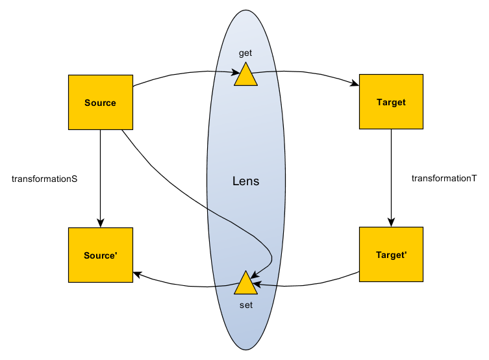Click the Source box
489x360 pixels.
tap(100, 103)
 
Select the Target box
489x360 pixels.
tap(391, 103)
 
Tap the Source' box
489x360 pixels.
tap(100, 255)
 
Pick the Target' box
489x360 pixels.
tap(391, 255)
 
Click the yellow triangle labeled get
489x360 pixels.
tap(246, 75)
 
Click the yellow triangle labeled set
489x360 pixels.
tap(246, 284)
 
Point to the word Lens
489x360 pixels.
tap(245, 181)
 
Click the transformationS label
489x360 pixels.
tap(45, 178)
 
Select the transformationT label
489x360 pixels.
tap(444, 178)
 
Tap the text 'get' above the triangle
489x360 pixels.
tap(245, 53)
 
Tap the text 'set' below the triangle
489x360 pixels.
tap(245, 304)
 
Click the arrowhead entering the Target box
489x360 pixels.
tap(355, 84)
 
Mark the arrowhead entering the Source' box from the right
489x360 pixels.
tap(138, 274)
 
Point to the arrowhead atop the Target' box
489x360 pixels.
tap(391, 222)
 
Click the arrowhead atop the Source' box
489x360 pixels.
tap(100, 222)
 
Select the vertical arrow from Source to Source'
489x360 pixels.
tap(100, 175)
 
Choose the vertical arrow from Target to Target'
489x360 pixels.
tap(391, 175)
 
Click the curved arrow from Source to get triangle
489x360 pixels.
tap(182, 71)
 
